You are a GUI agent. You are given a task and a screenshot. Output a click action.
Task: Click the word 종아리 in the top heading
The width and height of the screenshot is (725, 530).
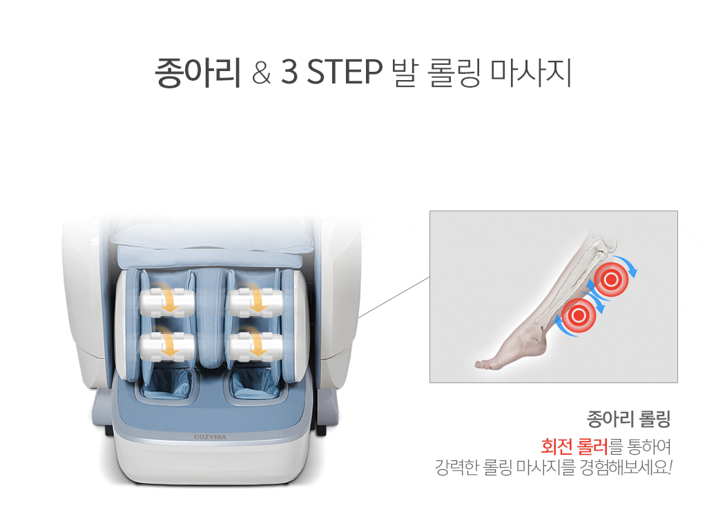(x=197, y=72)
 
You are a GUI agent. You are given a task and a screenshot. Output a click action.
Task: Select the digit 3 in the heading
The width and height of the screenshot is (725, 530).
(x=289, y=72)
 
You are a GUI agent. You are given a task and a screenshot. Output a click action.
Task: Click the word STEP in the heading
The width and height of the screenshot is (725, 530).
(x=345, y=72)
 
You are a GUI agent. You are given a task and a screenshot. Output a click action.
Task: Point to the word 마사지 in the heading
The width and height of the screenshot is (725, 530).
(x=531, y=72)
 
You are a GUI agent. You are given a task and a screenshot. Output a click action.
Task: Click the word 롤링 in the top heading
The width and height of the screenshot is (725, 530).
(x=454, y=72)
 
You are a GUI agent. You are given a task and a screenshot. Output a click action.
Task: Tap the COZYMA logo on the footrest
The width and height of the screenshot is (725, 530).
(x=210, y=437)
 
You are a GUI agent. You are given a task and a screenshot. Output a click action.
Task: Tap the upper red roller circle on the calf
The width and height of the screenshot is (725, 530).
(x=611, y=279)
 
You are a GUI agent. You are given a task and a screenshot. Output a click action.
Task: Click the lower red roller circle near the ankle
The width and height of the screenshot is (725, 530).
(x=579, y=315)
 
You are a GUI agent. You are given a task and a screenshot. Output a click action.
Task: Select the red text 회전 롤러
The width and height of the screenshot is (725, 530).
(x=574, y=446)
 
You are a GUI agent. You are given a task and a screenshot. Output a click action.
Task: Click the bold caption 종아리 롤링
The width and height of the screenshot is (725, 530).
(x=628, y=420)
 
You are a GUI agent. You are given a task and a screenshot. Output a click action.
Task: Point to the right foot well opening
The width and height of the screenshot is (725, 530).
(x=255, y=384)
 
